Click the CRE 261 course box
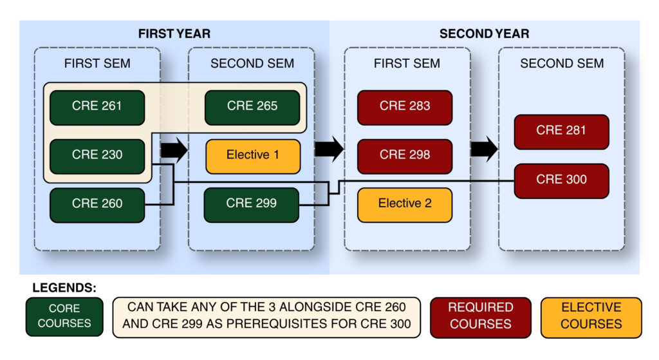click(97, 108)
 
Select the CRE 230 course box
click(97, 156)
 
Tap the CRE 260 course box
click(97, 205)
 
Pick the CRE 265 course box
click(252, 108)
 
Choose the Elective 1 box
click(253, 156)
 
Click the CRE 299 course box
click(252, 205)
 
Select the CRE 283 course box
click(405, 108)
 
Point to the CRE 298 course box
click(405, 156)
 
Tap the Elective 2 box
click(405, 205)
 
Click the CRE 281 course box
click(561, 132)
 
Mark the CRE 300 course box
click(561, 181)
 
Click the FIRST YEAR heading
click(174, 33)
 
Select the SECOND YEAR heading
click(484, 33)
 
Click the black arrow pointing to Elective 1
click(174, 149)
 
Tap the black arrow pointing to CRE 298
click(329, 149)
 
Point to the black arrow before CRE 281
click(484, 149)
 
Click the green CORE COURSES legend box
click(64, 317)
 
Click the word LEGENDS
click(64, 288)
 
